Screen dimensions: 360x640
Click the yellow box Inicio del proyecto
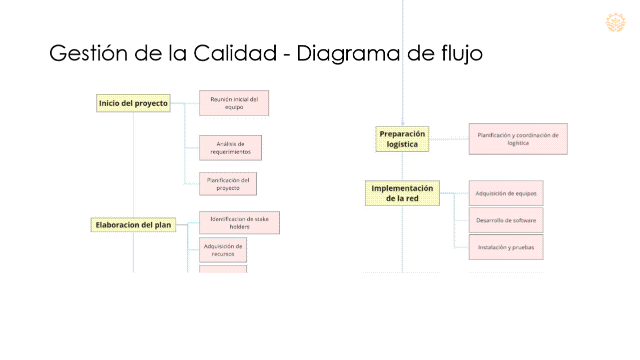pyautogui.click(x=133, y=103)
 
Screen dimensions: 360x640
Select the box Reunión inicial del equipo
pyautogui.click(x=234, y=103)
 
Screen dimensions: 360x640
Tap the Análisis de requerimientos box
pyautogui.click(x=230, y=147)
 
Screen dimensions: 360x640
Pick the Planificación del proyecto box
pyautogui.click(x=228, y=184)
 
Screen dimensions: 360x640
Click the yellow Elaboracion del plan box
pyautogui.click(x=133, y=225)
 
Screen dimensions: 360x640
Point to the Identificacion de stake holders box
pyautogui.click(x=239, y=222)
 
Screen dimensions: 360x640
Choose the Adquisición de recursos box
pyautogui.click(x=223, y=250)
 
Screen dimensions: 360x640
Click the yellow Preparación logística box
pyautogui.click(x=402, y=139)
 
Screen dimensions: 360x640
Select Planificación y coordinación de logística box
pyautogui.click(x=518, y=139)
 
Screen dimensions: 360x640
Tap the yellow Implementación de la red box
pyautogui.click(x=402, y=193)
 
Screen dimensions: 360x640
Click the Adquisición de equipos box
pyautogui.click(x=505, y=193)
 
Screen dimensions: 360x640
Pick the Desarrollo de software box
pyautogui.click(x=505, y=220)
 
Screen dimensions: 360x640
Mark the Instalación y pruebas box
pyautogui.click(x=505, y=247)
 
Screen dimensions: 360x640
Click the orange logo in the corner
pyautogui.click(x=615, y=22)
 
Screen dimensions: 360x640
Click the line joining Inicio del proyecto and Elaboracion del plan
pyautogui.click(x=133, y=165)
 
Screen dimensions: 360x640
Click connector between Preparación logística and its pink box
pyautogui.click(x=449, y=139)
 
